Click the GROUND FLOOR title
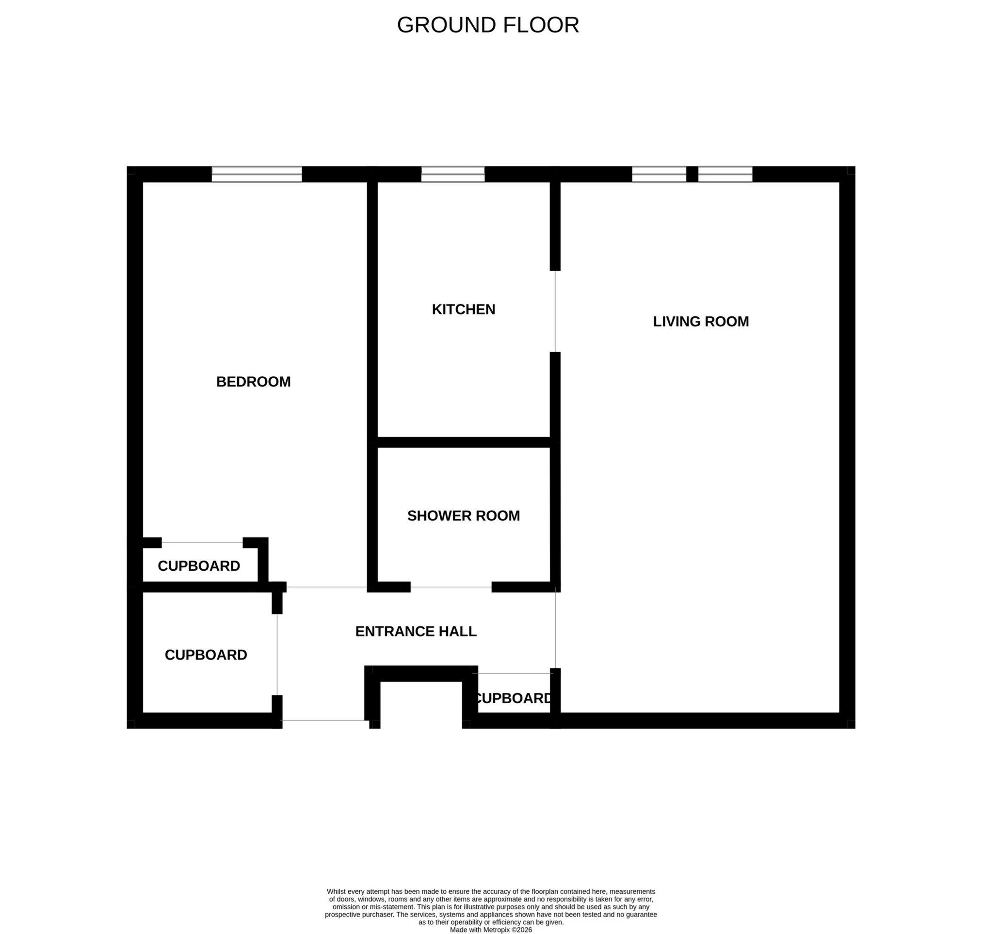[x=487, y=25]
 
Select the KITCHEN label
[x=463, y=310]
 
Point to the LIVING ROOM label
[x=701, y=322]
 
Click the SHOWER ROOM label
[x=463, y=516]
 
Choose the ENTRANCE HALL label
[x=416, y=631]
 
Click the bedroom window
[x=257, y=174]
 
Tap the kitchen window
[x=452, y=174]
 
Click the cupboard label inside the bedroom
[x=199, y=566]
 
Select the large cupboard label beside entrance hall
[x=206, y=655]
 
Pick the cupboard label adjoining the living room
[x=513, y=698]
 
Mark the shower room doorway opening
[x=451, y=587]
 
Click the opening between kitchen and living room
[x=555, y=311]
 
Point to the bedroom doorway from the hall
[x=327, y=587]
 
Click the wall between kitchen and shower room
[x=463, y=442]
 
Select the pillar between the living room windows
[x=692, y=174]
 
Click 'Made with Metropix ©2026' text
[x=490, y=930]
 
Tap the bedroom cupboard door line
[x=202, y=543]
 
